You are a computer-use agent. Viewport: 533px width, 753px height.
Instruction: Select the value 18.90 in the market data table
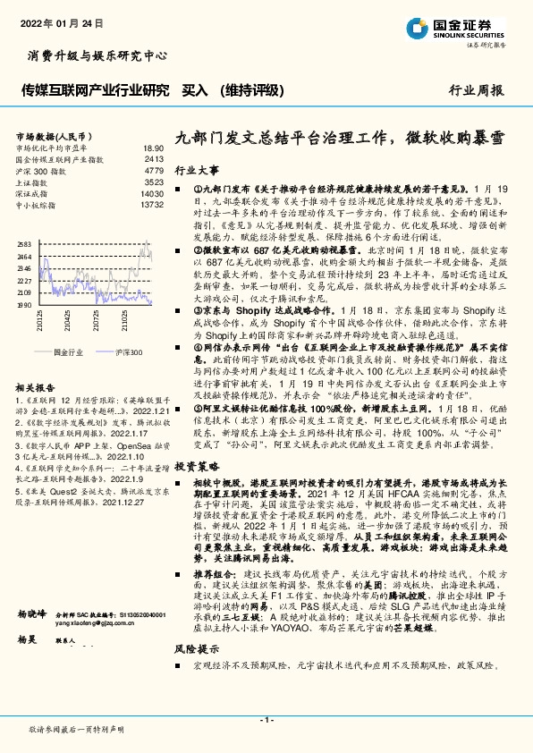click(153, 148)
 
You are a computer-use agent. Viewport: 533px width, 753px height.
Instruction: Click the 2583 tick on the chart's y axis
click(24, 244)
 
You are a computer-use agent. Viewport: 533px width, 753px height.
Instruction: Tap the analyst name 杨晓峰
click(32, 615)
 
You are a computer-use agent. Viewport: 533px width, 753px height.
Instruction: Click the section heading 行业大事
click(196, 169)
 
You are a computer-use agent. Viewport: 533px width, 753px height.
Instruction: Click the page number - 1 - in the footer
click(266, 721)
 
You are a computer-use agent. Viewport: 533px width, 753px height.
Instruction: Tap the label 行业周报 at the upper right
click(475, 91)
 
